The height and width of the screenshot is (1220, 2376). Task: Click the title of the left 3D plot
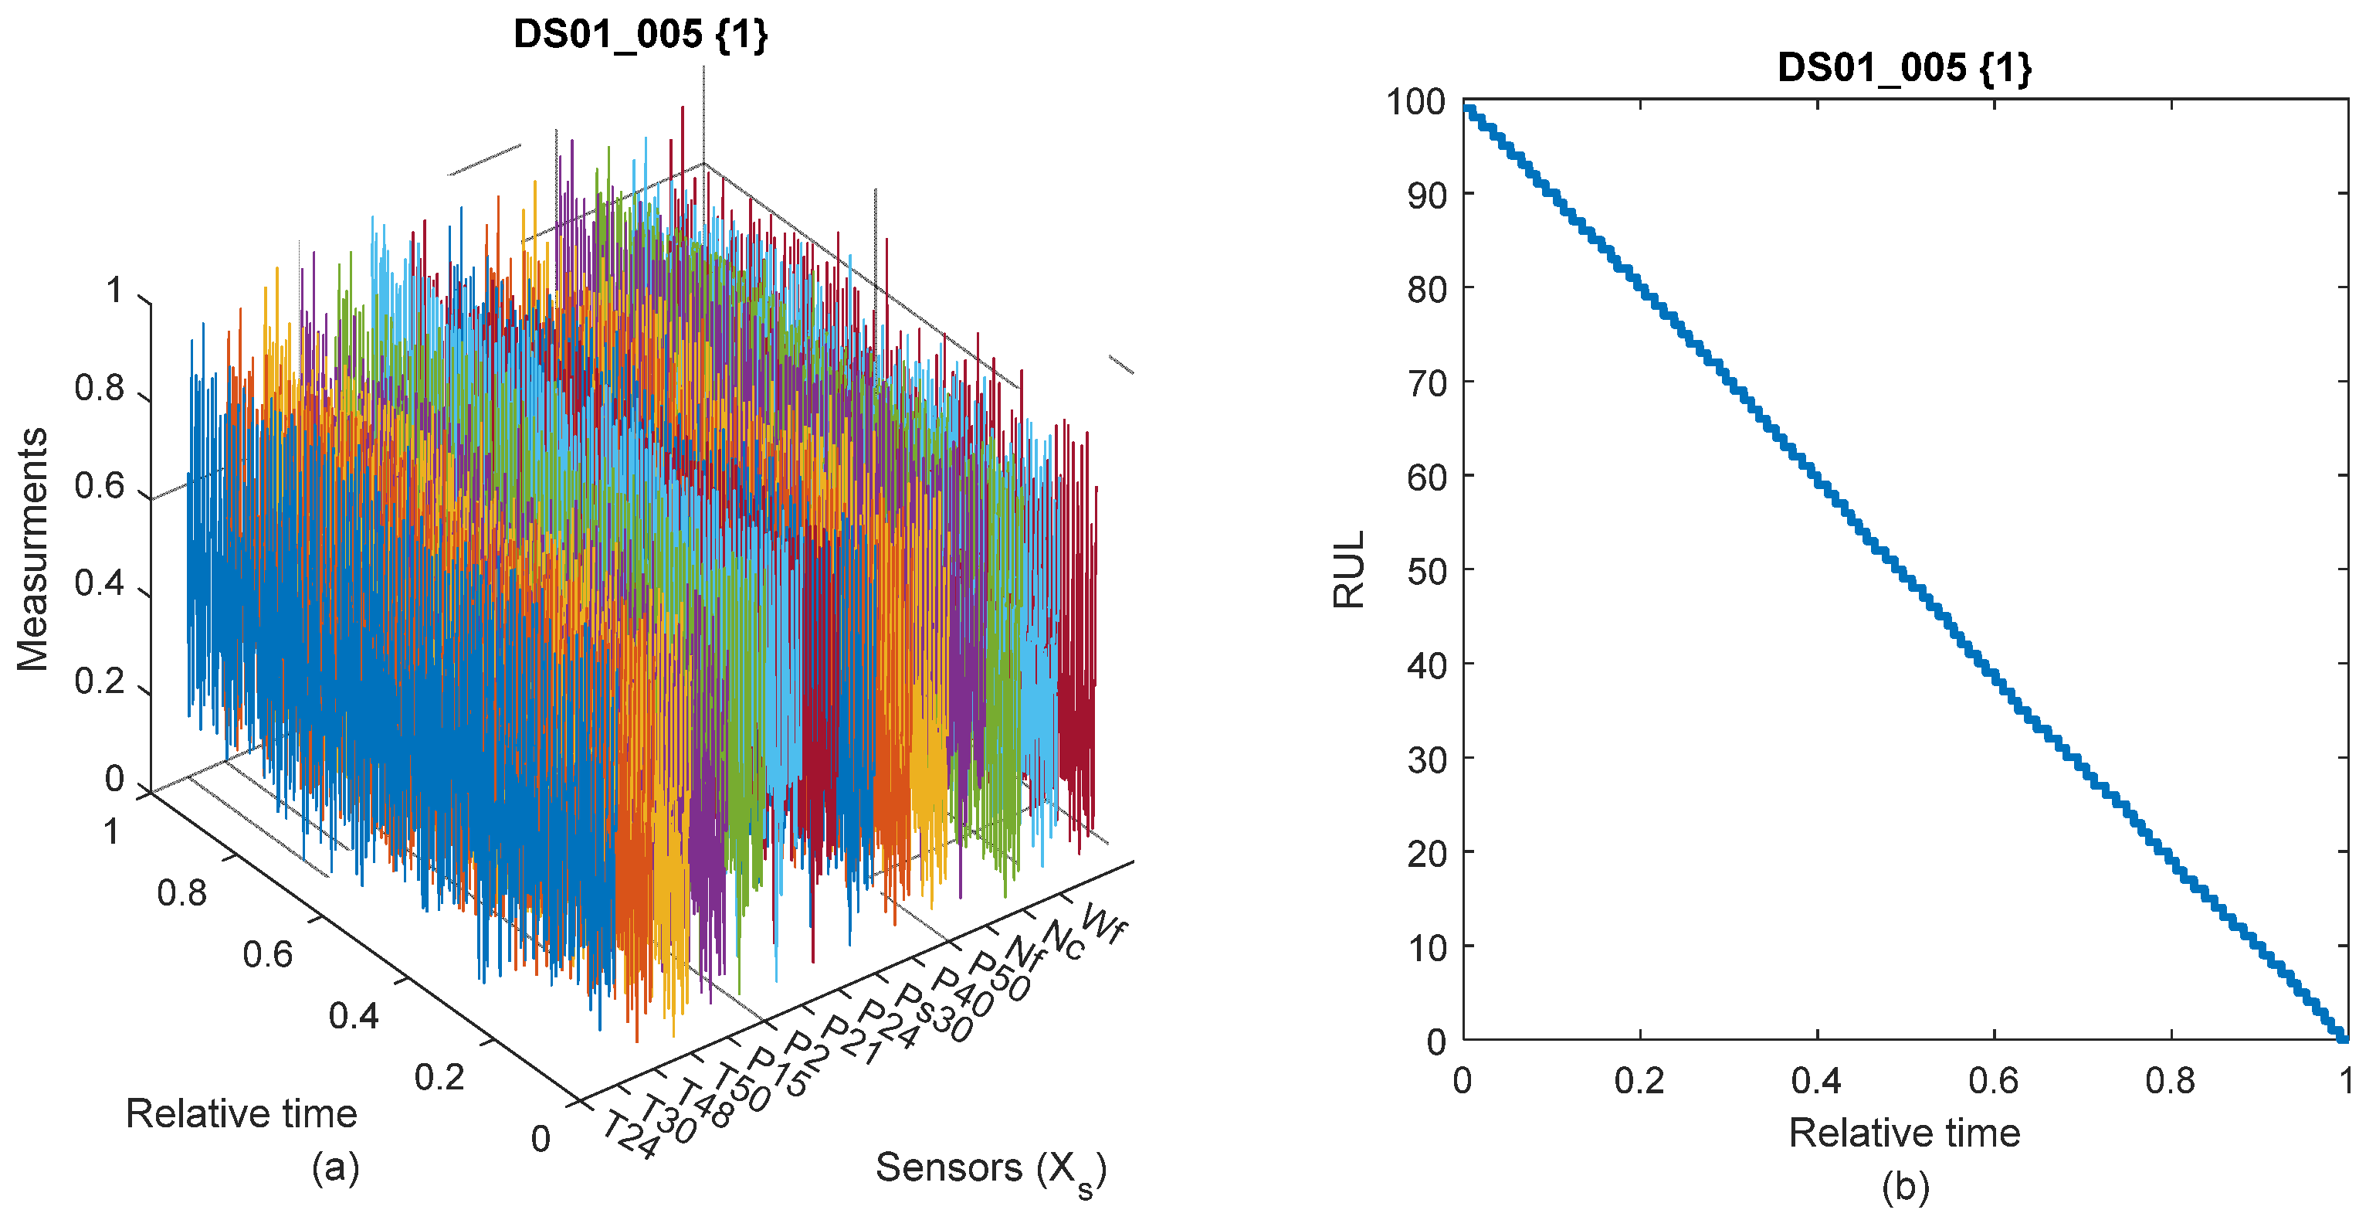640,35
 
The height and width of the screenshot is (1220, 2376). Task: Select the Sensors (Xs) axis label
991,1169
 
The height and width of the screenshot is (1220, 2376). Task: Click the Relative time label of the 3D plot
241,1114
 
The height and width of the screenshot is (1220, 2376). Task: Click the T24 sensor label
631,1134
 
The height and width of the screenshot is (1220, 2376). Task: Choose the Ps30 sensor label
934,1013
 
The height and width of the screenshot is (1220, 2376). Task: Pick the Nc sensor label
1063,941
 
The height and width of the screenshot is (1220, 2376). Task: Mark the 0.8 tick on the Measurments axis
100,389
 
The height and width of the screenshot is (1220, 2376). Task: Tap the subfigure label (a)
335,1167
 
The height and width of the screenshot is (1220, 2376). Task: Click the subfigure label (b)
1905,1187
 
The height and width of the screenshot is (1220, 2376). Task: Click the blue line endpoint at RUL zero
2342,1038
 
